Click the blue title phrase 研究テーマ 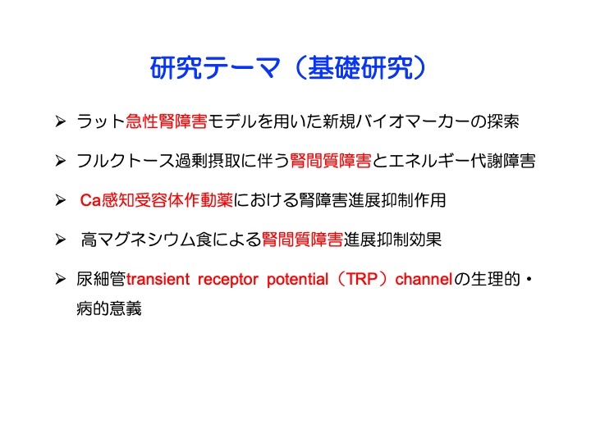point(215,68)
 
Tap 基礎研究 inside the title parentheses point(360,68)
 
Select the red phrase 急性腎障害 point(166,121)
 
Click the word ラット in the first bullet point(101,121)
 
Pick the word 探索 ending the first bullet point(502,121)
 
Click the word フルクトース point(126,161)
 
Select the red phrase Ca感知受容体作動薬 point(157,200)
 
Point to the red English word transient point(158,280)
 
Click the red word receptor point(228,280)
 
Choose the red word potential point(298,280)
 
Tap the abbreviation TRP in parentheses point(362,279)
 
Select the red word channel point(424,279)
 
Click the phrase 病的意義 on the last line point(109,308)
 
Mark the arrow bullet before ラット point(60,121)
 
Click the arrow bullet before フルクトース point(60,161)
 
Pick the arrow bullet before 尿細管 point(60,279)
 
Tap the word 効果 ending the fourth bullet point(425,240)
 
